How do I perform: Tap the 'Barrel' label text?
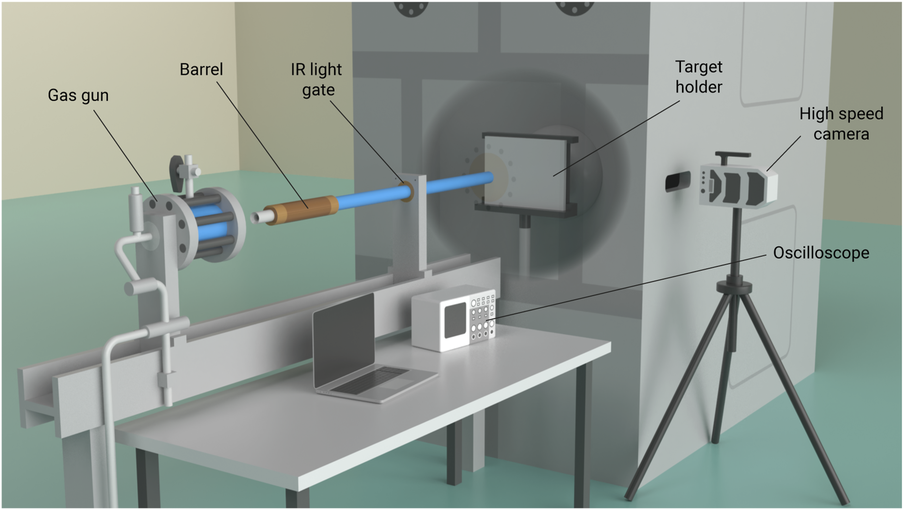click(202, 69)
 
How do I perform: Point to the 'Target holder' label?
click(699, 77)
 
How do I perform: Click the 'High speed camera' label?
click(841, 124)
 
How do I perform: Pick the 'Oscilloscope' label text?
click(821, 253)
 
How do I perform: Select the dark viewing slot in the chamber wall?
click(678, 181)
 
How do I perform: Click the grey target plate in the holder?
click(525, 173)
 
